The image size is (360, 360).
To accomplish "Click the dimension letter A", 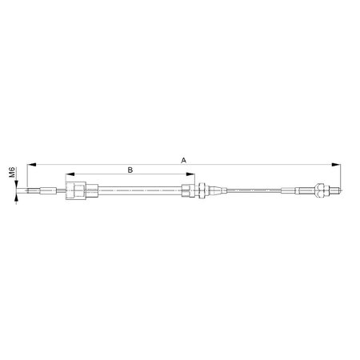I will coord(184,160).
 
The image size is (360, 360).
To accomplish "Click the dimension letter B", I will coord(130,169).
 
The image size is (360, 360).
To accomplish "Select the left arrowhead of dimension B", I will coord(69,174).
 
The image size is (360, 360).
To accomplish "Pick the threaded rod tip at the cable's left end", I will coord(33,191).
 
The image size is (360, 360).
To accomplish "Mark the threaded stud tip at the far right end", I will coord(338,191).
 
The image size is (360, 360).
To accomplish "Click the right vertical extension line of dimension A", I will coord(343,176).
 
